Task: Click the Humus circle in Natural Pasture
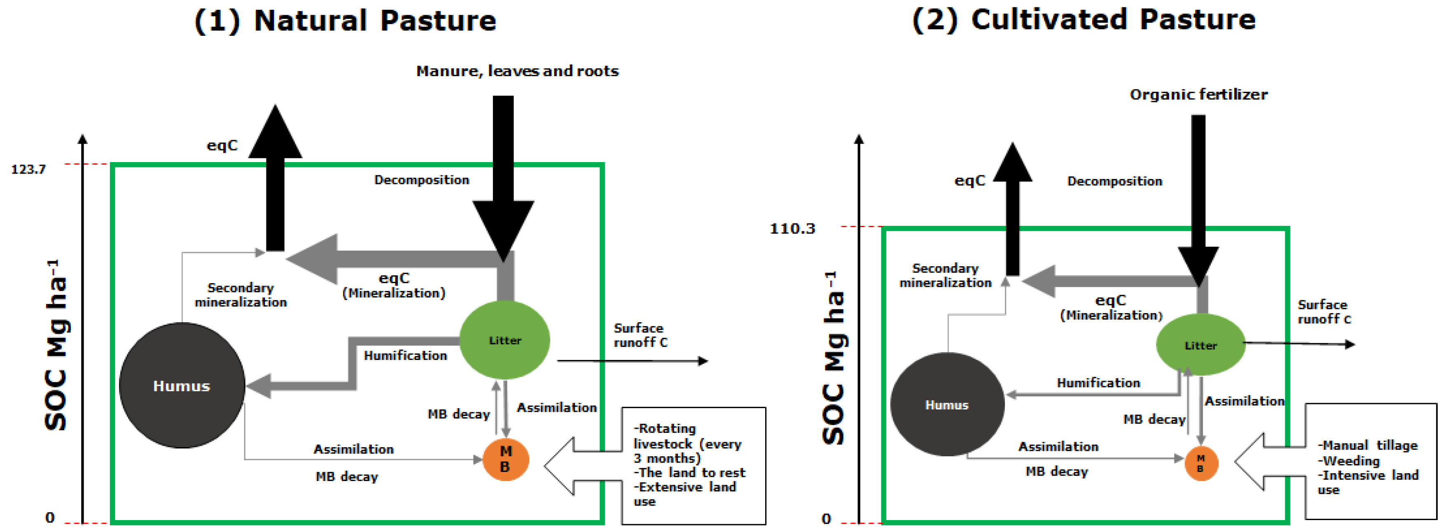(182, 386)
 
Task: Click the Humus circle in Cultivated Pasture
(947, 404)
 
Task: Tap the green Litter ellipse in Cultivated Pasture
(1200, 345)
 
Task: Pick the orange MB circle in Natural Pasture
(505, 459)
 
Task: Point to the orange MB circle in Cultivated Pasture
(1200, 463)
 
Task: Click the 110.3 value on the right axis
(792, 229)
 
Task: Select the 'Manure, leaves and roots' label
(517, 71)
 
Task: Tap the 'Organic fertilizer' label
(1198, 94)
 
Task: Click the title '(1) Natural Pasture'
(345, 21)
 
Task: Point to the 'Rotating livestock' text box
(693, 465)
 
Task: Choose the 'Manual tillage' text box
(1370, 462)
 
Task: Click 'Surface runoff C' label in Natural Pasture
(640, 335)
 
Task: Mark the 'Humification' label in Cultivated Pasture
(1098, 383)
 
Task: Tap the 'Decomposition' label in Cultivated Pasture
(1115, 181)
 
